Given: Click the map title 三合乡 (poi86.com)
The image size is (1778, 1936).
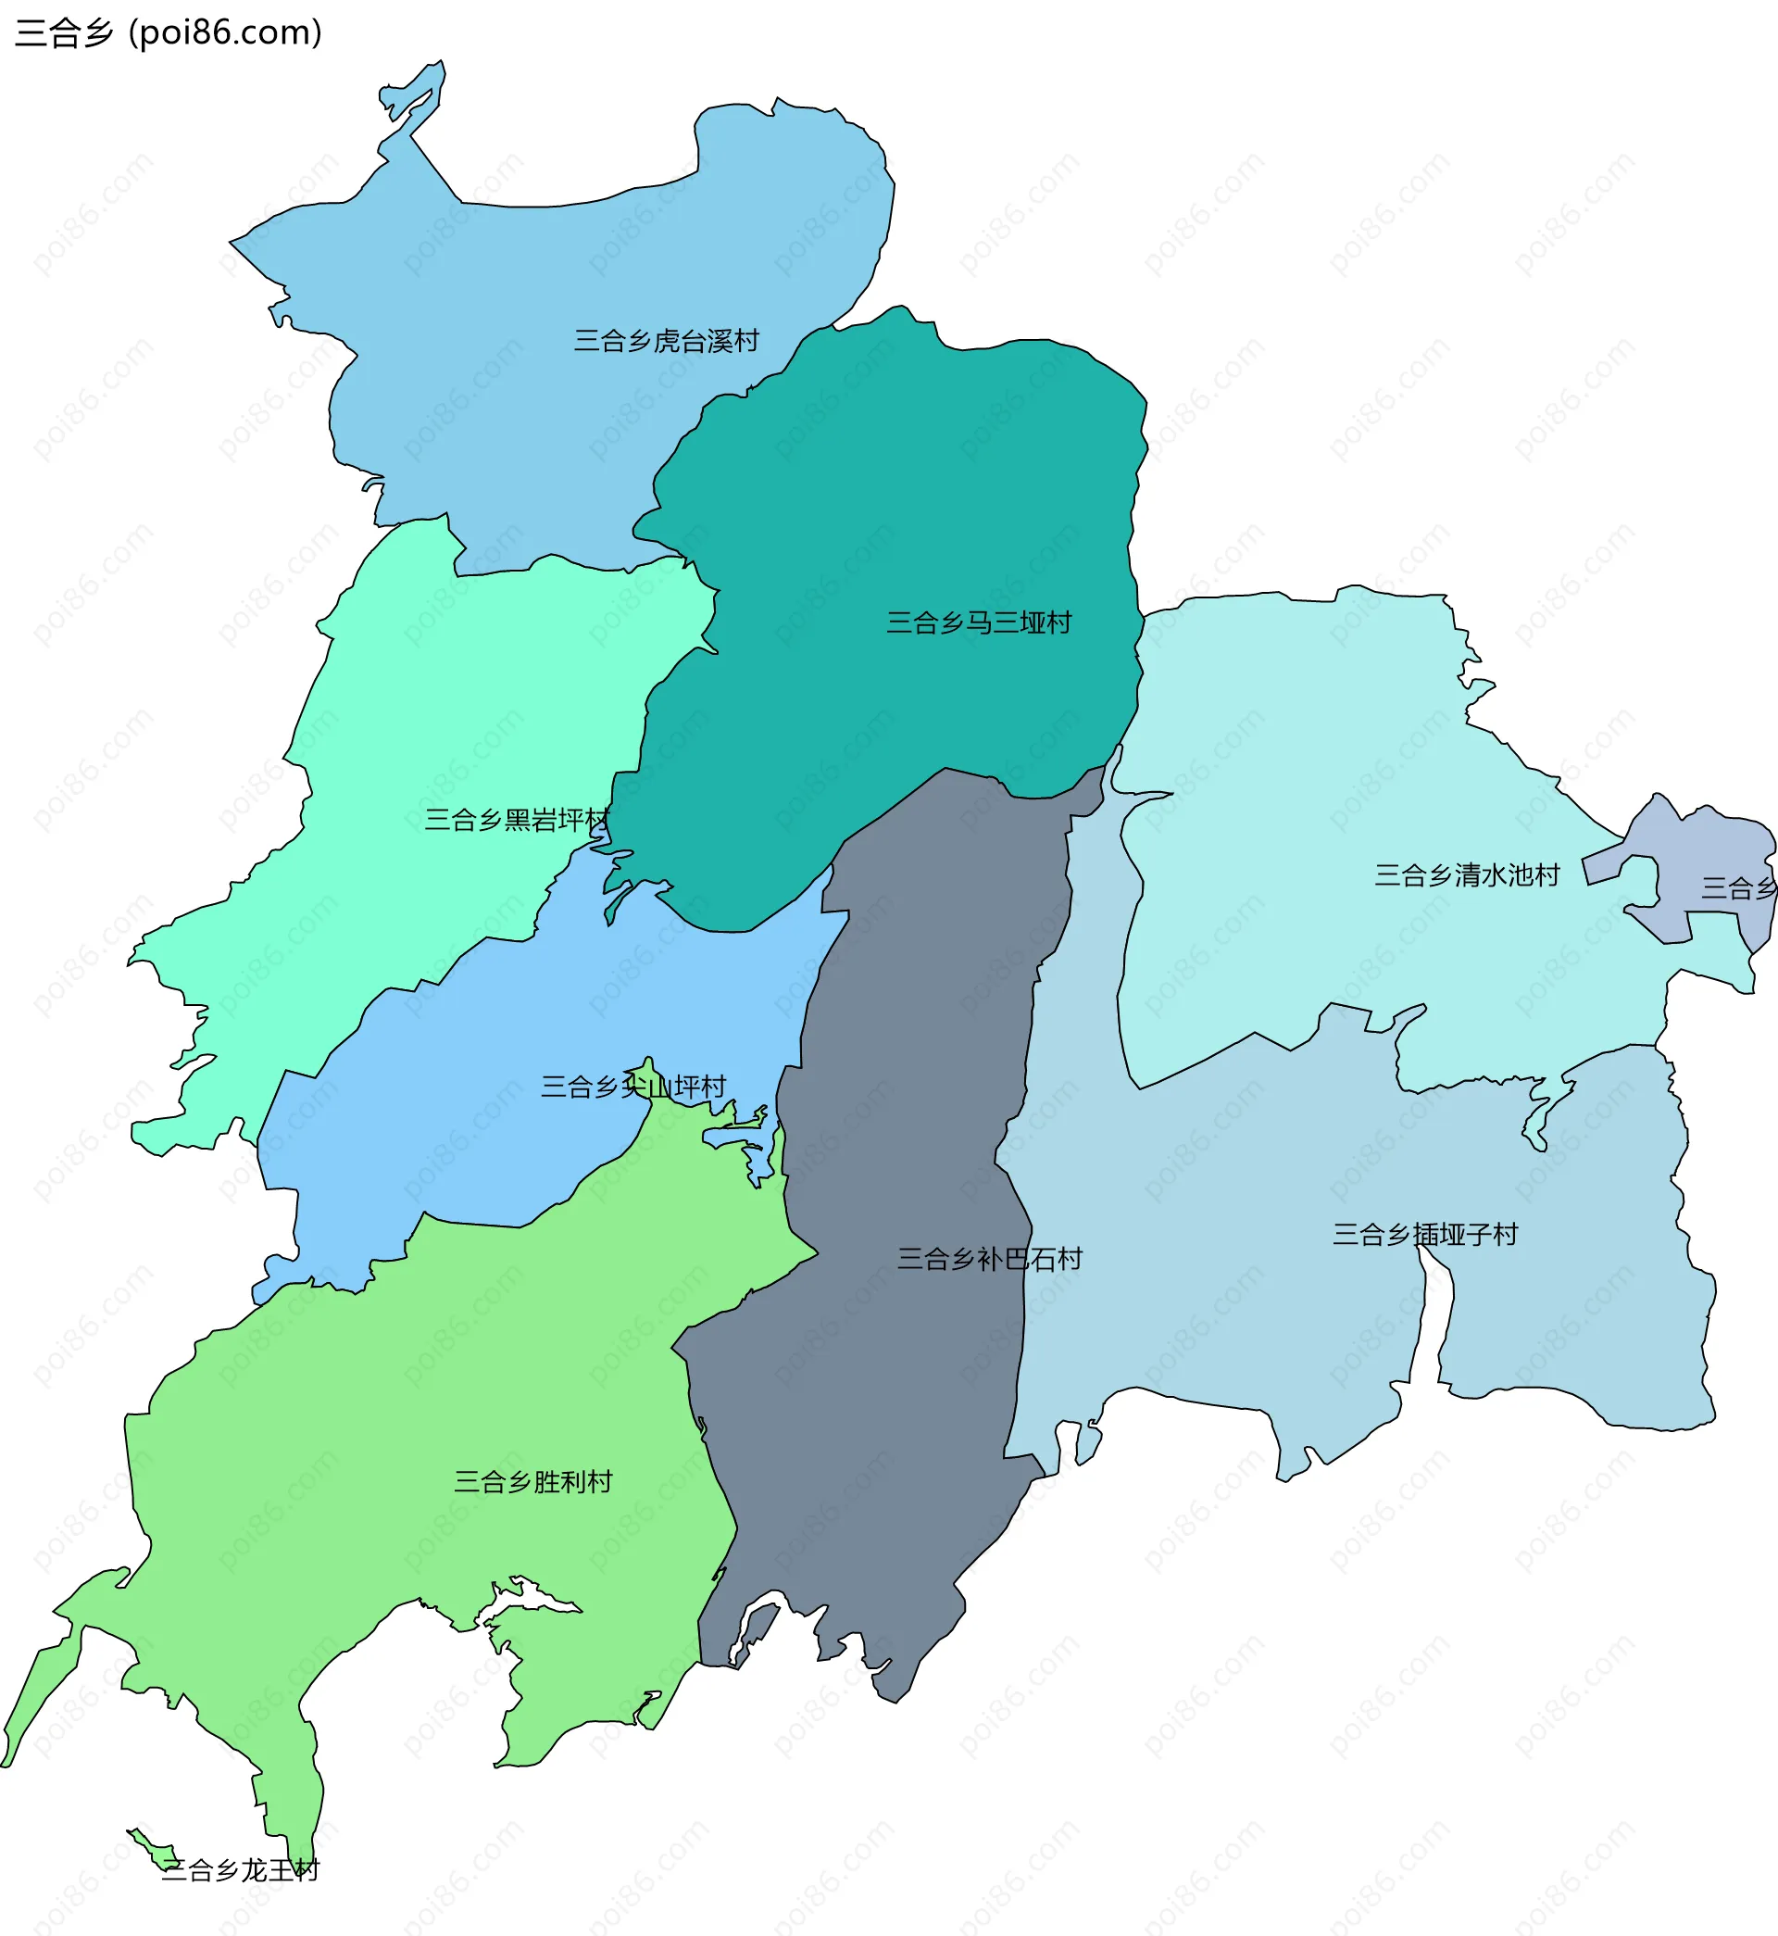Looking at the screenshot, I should click(169, 32).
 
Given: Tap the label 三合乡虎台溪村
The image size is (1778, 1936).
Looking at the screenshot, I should click(666, 341).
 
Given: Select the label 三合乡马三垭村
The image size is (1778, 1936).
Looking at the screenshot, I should click(979, 622).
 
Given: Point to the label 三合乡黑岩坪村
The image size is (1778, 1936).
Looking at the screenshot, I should click(517, 820).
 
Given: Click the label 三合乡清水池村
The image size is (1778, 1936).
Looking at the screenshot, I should click(1466, 874).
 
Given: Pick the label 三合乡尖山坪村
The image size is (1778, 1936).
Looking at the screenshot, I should click(633, 1087).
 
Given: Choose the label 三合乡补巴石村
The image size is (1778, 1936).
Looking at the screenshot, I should click(989, 1259).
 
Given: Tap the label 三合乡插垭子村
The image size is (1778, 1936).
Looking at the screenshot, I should click(1424, 1235).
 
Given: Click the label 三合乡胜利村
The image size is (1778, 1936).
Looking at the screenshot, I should click(533, 1482).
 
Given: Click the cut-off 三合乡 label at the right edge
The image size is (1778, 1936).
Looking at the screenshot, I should click(1737, 888).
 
